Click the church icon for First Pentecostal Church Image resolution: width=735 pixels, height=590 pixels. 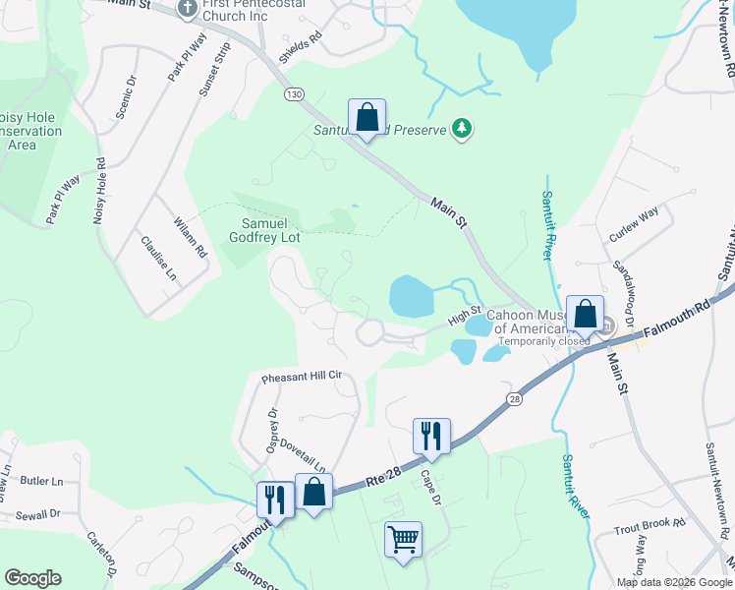tap(188, 10)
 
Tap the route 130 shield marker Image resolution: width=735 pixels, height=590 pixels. tap(293, 93)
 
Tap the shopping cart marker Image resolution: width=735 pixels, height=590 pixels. tap(403, 540)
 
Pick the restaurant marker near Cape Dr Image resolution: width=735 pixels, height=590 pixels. tap(431, 436)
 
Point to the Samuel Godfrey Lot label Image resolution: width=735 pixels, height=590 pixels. tap(270, 229)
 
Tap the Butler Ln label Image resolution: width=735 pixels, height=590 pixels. tap(41, 482)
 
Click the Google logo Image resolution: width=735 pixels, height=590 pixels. tap(32, 578)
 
